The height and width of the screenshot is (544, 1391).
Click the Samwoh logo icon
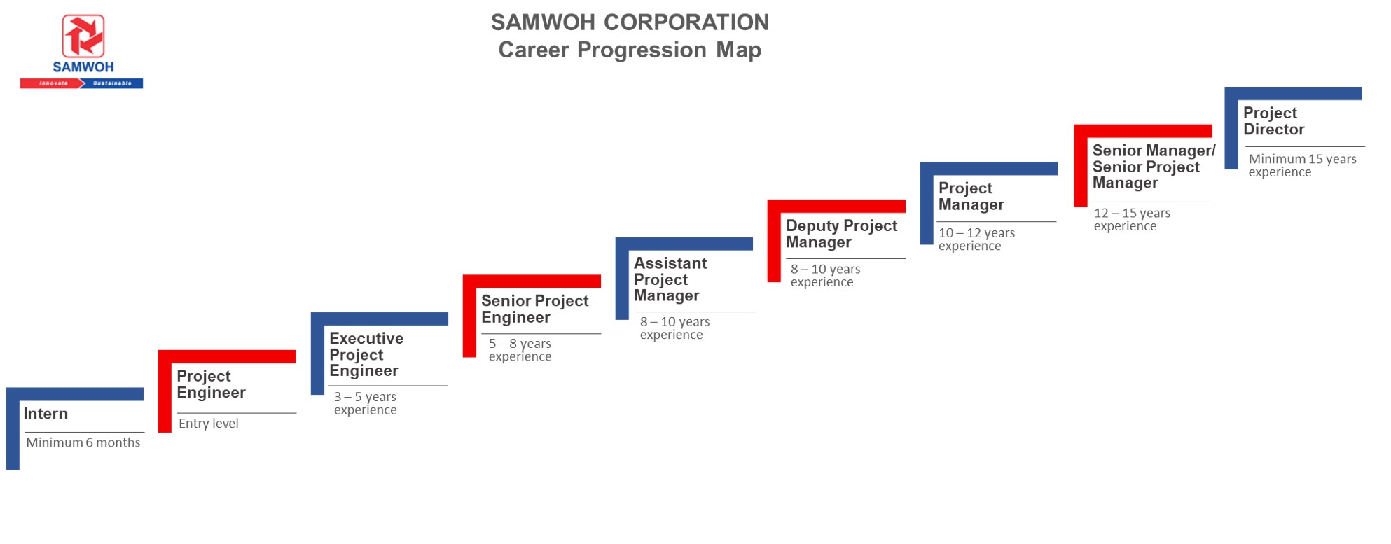coord(83,36)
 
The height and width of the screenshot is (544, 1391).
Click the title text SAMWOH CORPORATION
coord(629,22)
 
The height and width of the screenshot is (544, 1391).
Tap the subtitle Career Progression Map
coord(629,50)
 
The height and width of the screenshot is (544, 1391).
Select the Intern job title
coord(46,414)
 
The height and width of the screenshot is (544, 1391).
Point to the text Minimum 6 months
coord(83,442)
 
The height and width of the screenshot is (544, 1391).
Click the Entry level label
coord(208,424)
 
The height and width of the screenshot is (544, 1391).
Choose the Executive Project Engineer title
coord(366,354)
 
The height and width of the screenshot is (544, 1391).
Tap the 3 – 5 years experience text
coord(365,403)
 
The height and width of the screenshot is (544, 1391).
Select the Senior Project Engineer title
coord(534,309)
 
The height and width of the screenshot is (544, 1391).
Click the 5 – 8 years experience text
coord(520,350)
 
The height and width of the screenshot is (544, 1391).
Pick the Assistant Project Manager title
coord(670,279)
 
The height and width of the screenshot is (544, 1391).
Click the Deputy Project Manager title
coord(840,234)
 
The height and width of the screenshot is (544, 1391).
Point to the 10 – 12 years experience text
coord(976,239)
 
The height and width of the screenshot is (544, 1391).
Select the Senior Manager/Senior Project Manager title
coord(1153,167)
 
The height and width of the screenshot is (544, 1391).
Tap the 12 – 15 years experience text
coord(1131,219)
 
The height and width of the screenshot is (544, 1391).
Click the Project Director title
coord(1273,121)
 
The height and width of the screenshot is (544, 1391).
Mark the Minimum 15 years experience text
coord(1301,165)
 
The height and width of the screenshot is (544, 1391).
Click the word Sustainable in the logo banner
coord(112,83)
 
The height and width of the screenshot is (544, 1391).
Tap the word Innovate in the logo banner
coord(53,83)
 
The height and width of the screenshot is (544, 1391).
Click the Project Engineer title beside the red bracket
coord(210,384)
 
